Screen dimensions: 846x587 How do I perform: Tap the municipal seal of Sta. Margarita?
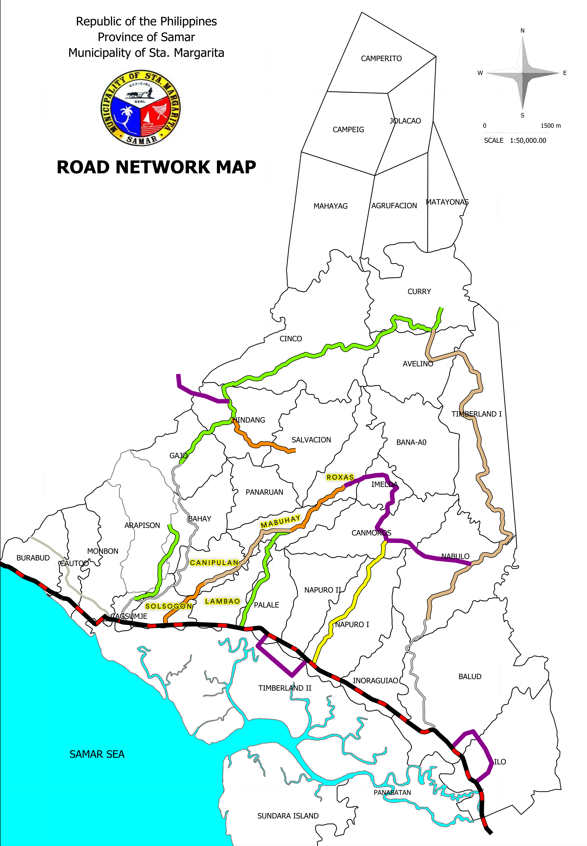coord(141,107)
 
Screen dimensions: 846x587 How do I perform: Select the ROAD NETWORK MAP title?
coord(156,167)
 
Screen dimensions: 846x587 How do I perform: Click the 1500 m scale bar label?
coord(551,126)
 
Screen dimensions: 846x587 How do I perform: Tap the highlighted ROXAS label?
coord(340,477)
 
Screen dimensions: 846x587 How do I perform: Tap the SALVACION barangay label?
coord(311,440)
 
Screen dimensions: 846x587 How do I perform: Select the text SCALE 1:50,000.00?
coord(515,140)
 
